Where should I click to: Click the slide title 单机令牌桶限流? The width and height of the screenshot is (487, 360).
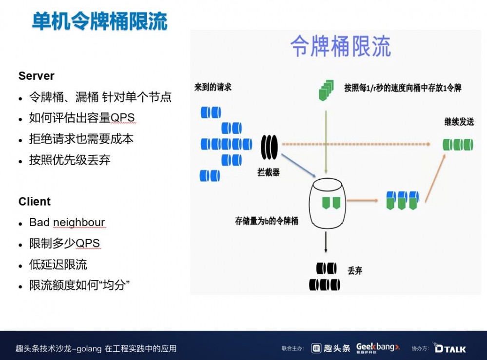(99, 21)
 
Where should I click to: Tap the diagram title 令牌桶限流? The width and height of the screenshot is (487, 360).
(340, 47)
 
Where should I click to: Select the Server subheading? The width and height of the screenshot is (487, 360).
(37, 76)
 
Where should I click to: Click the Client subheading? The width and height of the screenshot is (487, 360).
(35, 202)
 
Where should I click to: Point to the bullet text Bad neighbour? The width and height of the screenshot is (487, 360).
(67, 223)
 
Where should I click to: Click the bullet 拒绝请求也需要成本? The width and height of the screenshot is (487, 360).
(81, 139)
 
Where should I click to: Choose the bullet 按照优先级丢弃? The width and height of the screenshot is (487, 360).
(70, 160)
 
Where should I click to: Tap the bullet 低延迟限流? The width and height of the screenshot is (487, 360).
(58, 265)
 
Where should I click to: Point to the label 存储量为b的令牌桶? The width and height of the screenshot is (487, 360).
(266, 221)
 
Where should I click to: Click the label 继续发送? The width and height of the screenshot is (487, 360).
(459, 122)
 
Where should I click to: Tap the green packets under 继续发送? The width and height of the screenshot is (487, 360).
(458, 144)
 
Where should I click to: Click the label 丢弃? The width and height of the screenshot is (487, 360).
(354, 271)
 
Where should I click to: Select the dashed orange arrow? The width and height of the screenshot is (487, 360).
(356, 144)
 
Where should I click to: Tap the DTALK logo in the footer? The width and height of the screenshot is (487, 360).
(449, 348)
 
